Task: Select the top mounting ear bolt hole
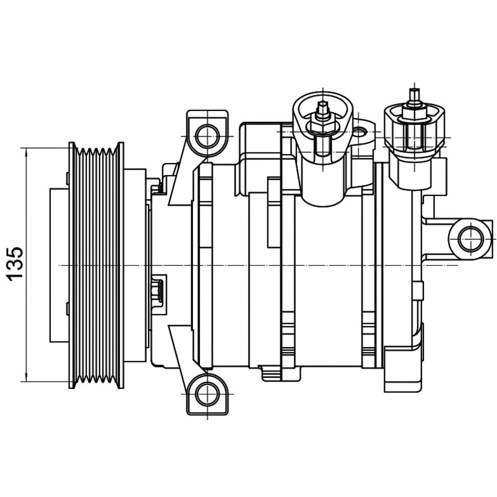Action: pos(207,136)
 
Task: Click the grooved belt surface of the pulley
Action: pos(96,265)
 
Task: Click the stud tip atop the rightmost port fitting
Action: pos(414,95)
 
